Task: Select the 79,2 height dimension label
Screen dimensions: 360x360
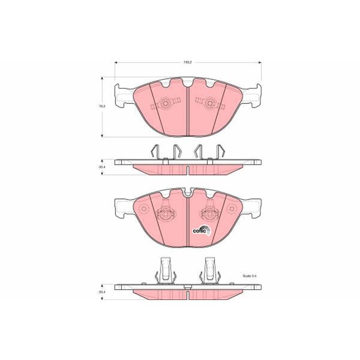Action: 103,106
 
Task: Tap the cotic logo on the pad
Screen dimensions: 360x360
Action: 201,229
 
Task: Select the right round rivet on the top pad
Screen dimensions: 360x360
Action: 209,104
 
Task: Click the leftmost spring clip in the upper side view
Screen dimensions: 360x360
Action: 154,152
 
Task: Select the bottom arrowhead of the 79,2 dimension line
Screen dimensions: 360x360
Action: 103,135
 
